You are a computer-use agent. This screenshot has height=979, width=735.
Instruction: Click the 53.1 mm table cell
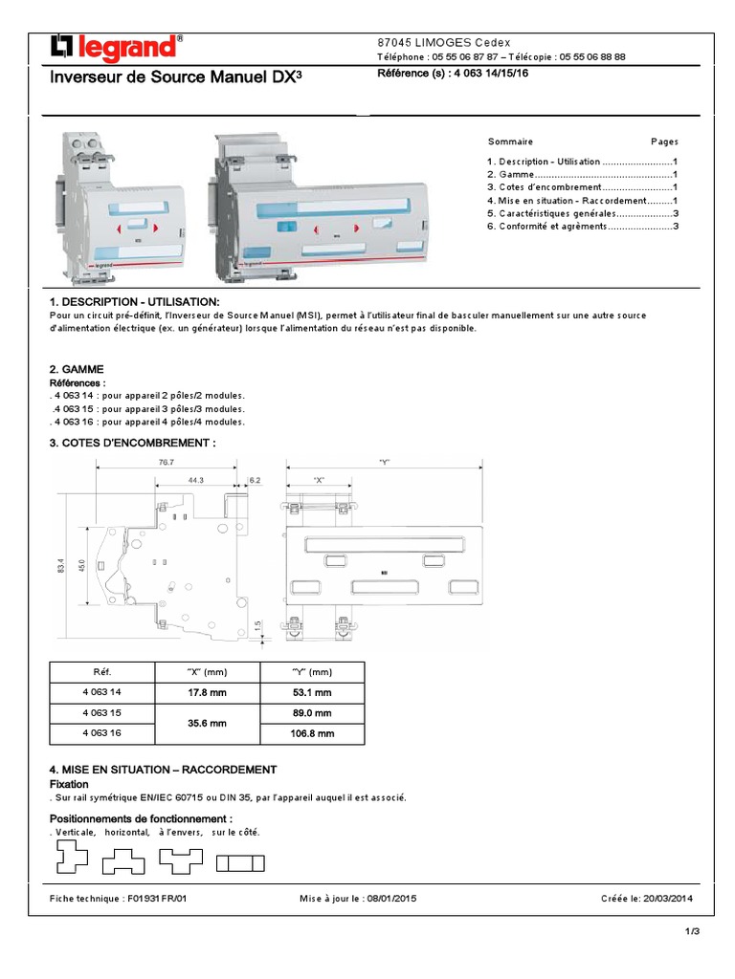312,692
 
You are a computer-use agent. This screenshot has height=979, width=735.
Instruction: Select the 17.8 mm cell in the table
208,692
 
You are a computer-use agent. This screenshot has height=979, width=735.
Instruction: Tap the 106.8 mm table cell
312,734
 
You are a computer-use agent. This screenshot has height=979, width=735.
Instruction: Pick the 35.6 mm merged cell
208,724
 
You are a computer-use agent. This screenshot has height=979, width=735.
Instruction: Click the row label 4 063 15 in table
102,713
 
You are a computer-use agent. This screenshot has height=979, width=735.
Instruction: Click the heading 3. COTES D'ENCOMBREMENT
132,443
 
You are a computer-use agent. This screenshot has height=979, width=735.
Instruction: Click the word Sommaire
510,141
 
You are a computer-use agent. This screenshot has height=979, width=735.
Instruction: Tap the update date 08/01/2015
391,899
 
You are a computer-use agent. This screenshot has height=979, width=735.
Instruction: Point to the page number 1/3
693,932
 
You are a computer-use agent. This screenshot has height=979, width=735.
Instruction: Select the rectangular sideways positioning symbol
240,863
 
